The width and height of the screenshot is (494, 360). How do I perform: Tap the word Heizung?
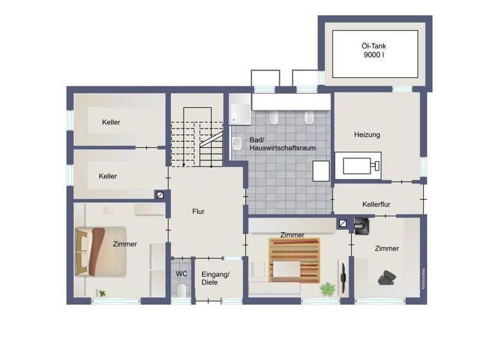coord(367,135)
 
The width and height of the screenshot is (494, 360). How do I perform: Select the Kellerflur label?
coord(377,204)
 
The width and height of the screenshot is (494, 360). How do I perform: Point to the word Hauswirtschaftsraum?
coord(282,147)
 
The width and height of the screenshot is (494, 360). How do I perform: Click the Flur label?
coord(198,211)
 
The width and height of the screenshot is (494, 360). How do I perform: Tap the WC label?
coord(181,273)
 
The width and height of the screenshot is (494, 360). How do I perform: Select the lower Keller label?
coord(107,176)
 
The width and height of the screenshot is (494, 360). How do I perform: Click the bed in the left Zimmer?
coord(100,251)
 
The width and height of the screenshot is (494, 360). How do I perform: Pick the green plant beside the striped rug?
coord(328,289)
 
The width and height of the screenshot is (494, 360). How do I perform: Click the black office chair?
coord(387,277)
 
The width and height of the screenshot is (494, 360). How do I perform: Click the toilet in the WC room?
coord(181,292)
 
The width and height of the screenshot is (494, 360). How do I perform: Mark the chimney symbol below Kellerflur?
coord(343,224)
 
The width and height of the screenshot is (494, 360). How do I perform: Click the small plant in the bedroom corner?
coord(102,294)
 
